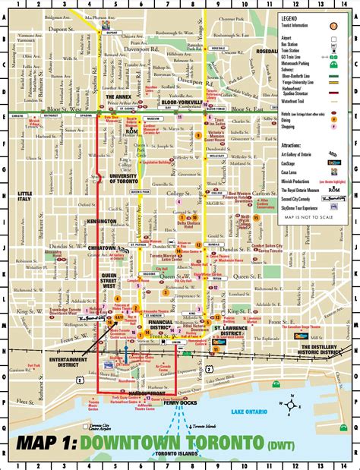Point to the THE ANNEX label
118,97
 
